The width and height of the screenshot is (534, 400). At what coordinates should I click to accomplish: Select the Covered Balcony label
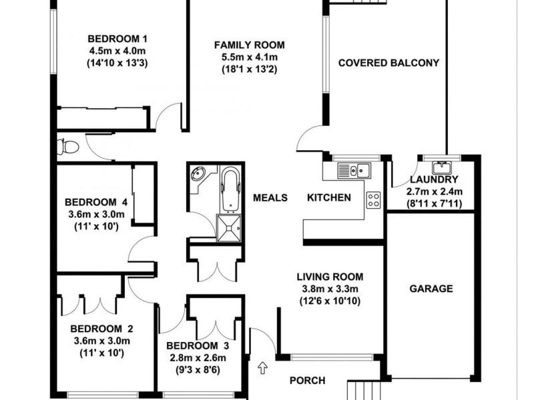tap(388, 63)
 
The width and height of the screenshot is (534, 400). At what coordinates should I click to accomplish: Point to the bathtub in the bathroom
tap(230, 188)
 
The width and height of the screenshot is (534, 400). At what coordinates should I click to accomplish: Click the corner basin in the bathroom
tap(198, 176)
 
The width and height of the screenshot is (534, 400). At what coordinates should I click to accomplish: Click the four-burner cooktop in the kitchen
tap(373, 199)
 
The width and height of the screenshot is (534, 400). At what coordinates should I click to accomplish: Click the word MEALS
tap(270, 198)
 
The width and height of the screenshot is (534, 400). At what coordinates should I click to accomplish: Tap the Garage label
tap(431, 289)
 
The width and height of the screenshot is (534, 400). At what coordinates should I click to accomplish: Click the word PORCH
tap(307, 381)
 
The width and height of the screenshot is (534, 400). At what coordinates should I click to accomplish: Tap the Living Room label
tap(330, 277)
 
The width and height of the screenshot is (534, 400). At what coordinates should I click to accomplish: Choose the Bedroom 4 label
tap(96, 202)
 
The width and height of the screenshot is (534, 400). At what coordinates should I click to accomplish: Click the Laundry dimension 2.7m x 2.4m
tap(435, 191)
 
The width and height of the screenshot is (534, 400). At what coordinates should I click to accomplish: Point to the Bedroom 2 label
tap(102, 328)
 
